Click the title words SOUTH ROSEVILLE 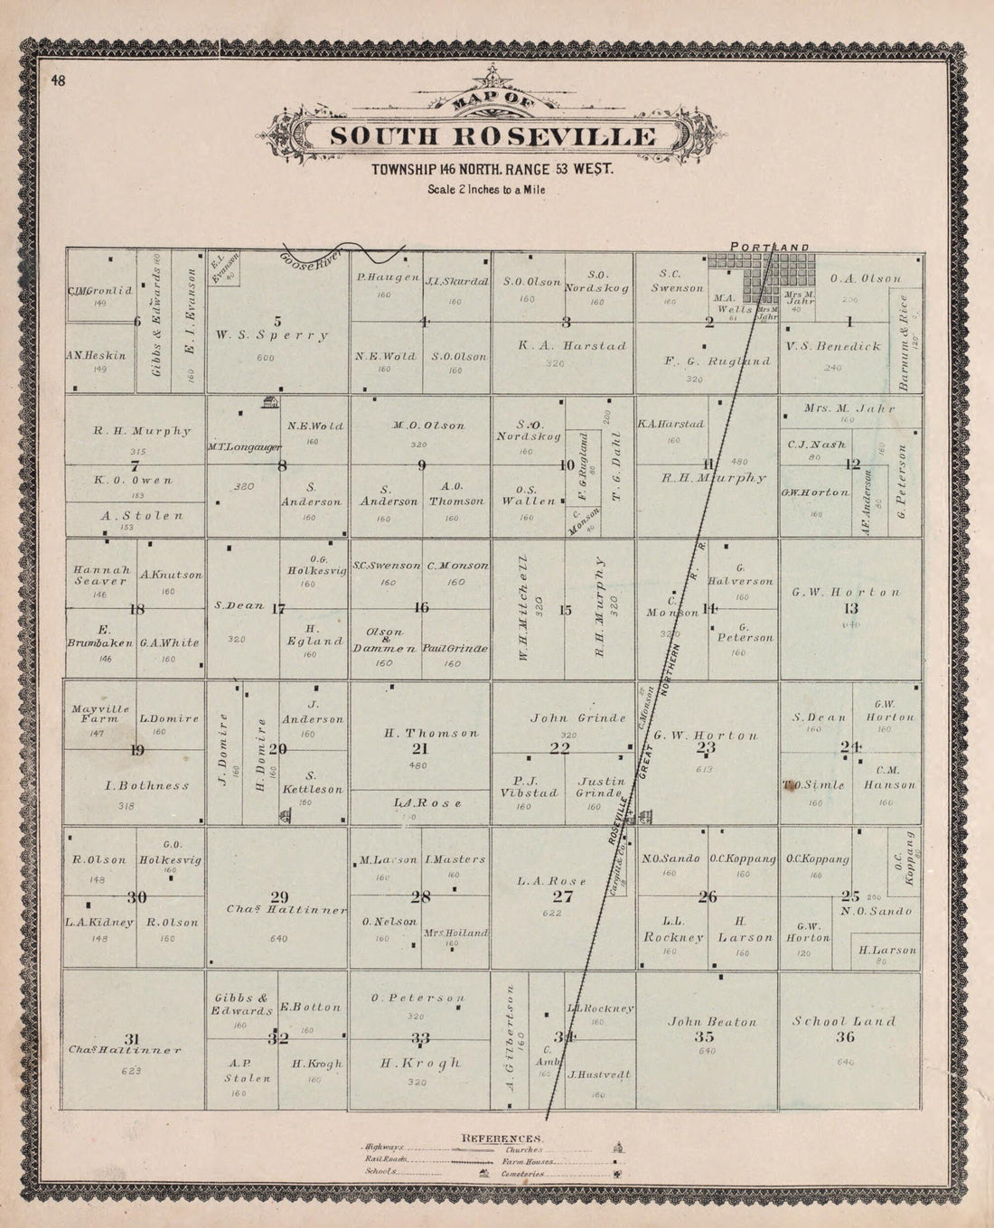pyautogui.click(x=492, y=136)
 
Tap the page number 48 pyautogui.click(x=58, y=81)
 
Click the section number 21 pyautogui.click(x=419, y=749)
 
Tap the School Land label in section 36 pyautogui.click(x=844, y=1022)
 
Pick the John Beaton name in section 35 pyautogui.click(x=711, y=1022)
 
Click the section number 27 pyautogui.click(x=562, y=896)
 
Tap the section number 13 pyautogui.click(x=849, y=607)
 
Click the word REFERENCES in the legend pyautogui.click(x=502, y=1137)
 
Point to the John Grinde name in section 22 pyautogui.click(x=577, y=718)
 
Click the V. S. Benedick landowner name pyautogui.click(x=832, y=346)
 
